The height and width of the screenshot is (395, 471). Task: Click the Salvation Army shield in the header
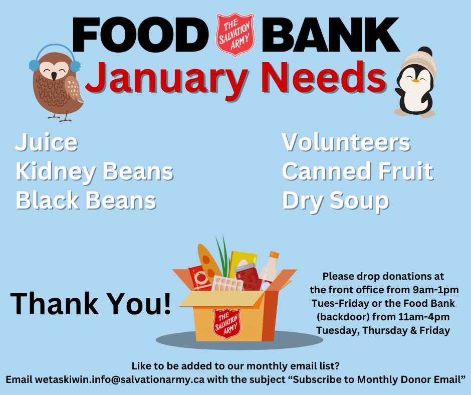[235, 34]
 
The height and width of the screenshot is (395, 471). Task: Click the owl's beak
[54, 76]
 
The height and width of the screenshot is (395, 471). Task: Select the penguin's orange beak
[415, 81]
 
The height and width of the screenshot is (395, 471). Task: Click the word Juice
[47, 142]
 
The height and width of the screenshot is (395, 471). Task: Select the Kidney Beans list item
[95, 171]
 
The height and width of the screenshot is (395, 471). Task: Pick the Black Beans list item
[86, 200]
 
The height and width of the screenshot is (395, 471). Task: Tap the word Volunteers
[346, 142]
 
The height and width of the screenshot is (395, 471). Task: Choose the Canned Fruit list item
[358, 171]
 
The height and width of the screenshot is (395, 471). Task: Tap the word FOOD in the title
[141, 35]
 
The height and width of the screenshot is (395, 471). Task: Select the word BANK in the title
[331, 35]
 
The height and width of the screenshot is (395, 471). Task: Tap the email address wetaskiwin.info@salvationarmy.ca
[120, 379]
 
